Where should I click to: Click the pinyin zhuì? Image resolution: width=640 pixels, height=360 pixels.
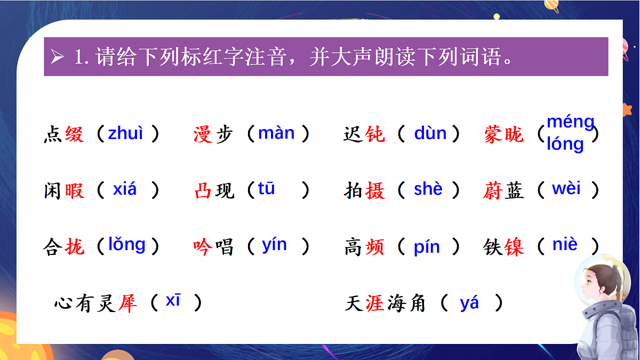pos(126,133)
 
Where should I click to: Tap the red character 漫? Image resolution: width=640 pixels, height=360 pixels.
pos(203,134)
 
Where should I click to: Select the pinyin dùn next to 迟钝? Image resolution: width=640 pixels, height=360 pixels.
pos(430,133)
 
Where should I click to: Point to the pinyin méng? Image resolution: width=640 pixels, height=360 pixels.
pos(570,123)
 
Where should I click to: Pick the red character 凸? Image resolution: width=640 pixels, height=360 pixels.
pos(203,190)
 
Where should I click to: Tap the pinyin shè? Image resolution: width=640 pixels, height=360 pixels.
pos(428,189)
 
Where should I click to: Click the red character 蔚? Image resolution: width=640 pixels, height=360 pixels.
pos(493,190)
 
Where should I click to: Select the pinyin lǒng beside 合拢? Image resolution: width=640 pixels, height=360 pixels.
pos(126,244)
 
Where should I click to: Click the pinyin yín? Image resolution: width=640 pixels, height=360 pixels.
pos(274,245)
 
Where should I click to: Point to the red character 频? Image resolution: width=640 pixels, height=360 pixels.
pos(375,247)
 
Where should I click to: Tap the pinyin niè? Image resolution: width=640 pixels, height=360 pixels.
pos(565,244)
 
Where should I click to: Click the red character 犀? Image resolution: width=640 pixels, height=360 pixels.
pos(127,303)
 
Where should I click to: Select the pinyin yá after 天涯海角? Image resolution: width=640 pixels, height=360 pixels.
pos(469,303)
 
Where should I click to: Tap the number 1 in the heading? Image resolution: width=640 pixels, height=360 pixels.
pos(79,57)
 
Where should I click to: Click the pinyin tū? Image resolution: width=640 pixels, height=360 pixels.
pos(266,188)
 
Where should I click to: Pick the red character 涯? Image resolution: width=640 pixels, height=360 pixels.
pos(375,303)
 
